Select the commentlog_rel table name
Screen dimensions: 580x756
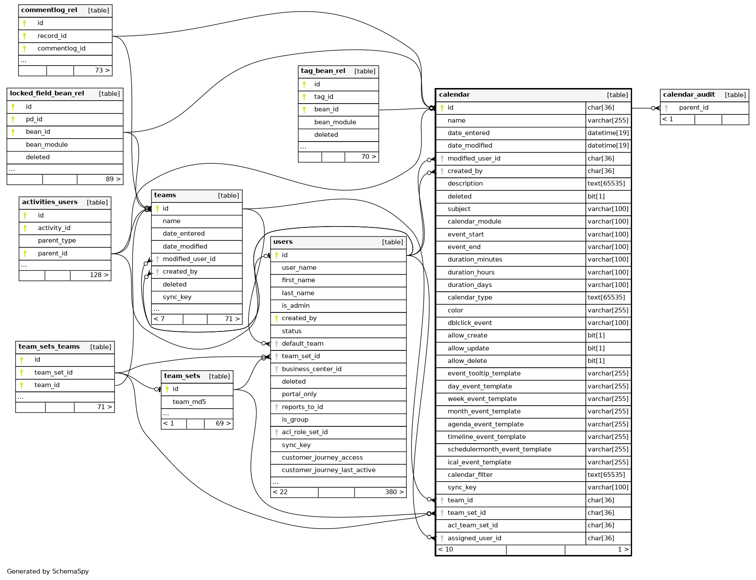pyautogui.click(x=49, y=10)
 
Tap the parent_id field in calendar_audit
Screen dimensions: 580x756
pyautogui.click(x=693, y=107)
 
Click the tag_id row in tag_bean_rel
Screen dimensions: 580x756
pyautogui.click(x=323, y=97)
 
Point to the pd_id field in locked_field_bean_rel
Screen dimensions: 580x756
pyautogui.click(x=34, y=119)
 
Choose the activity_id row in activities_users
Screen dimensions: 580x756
pyautogui.click(x=54, y=228)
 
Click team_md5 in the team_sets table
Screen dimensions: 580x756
pyautogui.click(x=189, y=402)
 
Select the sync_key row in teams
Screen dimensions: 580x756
pyautogui.click(x=177, y=297)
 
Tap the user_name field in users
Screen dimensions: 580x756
pyautogui.click(x=299, y=268)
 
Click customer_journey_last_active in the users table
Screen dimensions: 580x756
pyautogui.click(x=329, y=470)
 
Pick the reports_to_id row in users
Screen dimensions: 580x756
pyautogui.click(x=302, y=407)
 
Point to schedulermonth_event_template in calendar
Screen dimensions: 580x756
pyautogui.click(x=499, y=449)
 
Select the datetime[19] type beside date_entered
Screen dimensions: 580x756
pyautogui.click(x=608, y=133)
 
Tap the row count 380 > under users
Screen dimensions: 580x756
pyautogui.click(x=394, y=492)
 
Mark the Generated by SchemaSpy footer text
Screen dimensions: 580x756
pyautogui.click(x=48, y=571)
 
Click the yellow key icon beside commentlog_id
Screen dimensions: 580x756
pyautogui.click(x=25, y=49)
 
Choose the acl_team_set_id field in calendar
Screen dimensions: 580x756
pyautogui.click(x=472, y=525)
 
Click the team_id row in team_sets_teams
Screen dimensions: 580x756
pyautogui.click(x=47, y=385)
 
